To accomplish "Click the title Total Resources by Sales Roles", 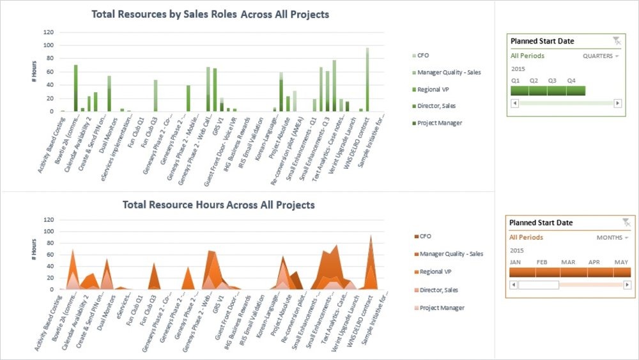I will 210,14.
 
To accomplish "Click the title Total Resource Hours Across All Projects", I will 219,205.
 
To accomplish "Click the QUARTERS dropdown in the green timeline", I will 601,56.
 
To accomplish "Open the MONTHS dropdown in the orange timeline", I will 612,238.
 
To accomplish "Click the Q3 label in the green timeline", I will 553,81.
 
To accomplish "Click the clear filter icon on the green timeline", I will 616,41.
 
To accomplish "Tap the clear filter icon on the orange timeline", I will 626,222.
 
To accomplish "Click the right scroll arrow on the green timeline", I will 617,103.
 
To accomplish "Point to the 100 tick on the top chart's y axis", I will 48,45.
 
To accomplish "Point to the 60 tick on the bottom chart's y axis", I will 48,254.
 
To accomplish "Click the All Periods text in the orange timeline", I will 525,237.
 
